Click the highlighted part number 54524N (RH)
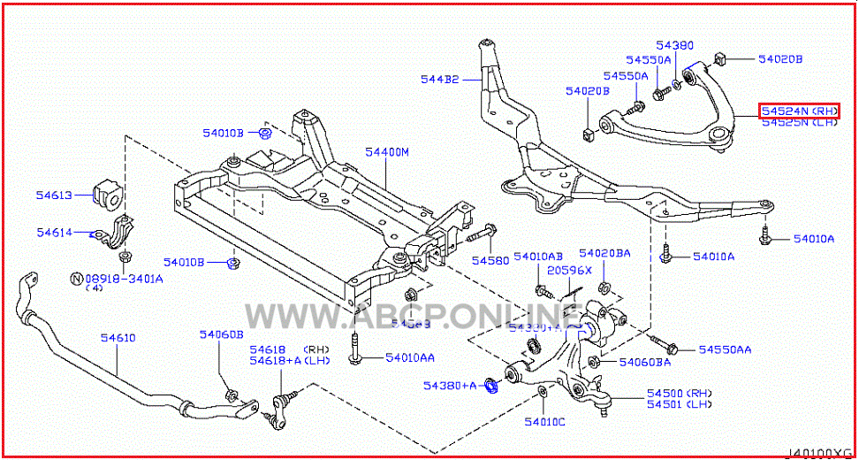[799, 111]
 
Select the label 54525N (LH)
[799, 123]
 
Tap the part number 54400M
[387, 153]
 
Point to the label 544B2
[439, 80]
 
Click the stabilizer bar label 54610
[118, 338]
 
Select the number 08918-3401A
[124, 278]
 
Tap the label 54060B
[220, 334]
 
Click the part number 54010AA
[409, 357]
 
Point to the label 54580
[490, 261]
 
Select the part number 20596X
[567, 270]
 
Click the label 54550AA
[725, 349]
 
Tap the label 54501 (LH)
[679, 404]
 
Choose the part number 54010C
[544, 422]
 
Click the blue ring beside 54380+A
[493, 386]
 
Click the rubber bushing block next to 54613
[105, 195]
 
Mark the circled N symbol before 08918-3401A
[77, 278]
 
